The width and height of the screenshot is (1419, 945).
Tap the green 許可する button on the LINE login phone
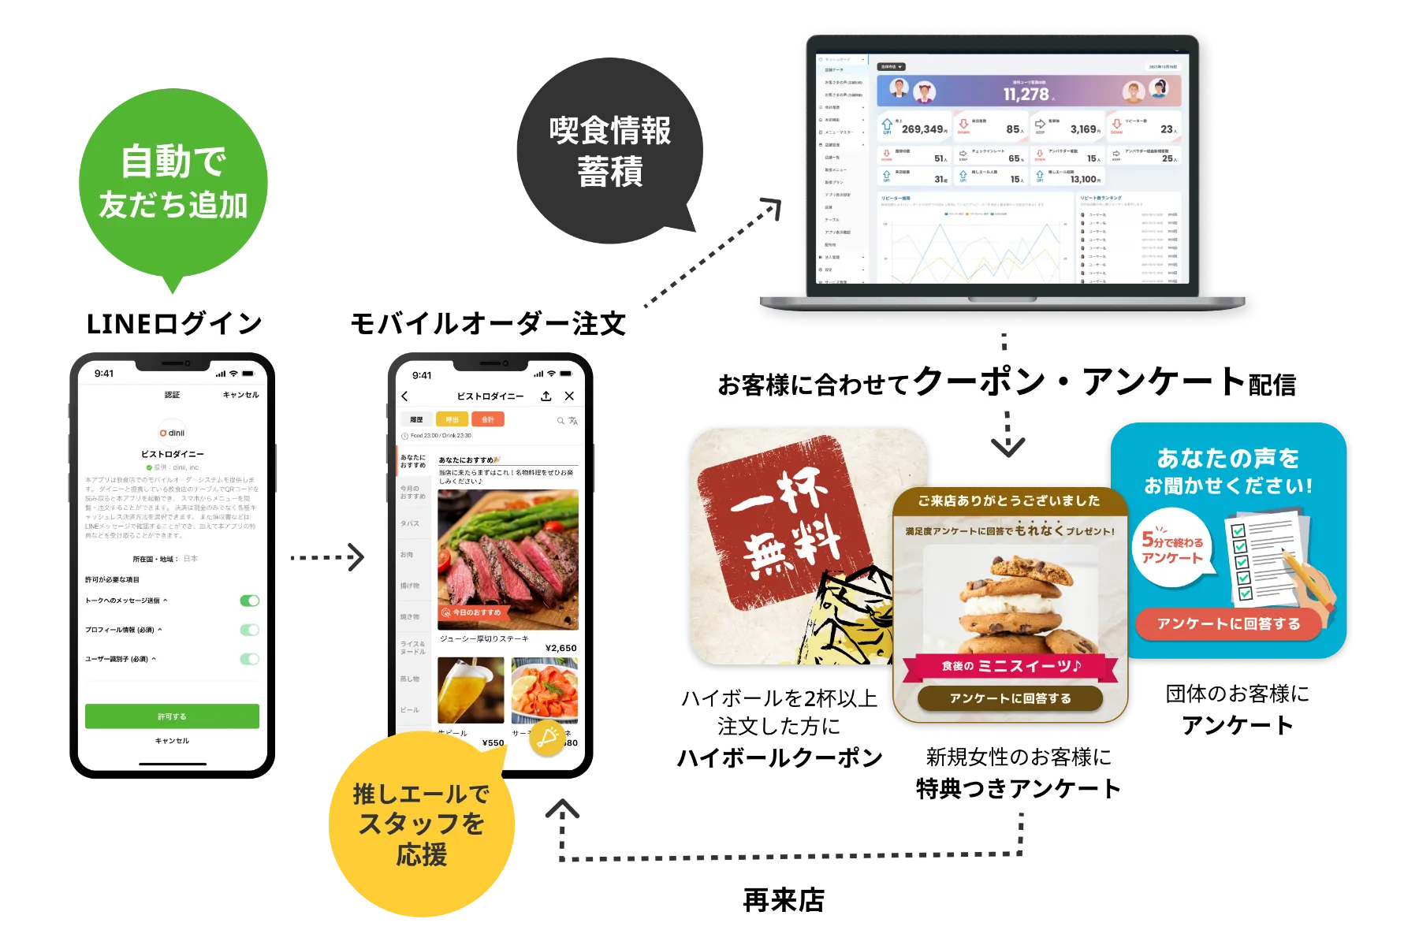[x=172, y=716]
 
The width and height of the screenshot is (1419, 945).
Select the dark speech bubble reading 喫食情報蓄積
[x=609, y=151]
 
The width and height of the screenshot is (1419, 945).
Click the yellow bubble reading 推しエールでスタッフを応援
[x=421, y=824]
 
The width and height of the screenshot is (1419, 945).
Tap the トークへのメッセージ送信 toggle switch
[x=249, y=601]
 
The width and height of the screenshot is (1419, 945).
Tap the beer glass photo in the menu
[x=471, y=690]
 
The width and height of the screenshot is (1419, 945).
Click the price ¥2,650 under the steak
[x=561, y=648]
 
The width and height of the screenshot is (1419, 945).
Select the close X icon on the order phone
[x=569, y=396]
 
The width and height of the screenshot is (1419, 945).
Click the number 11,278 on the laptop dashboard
[x=1026, y=95]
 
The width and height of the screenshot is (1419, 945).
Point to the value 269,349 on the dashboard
[x=923, y=129]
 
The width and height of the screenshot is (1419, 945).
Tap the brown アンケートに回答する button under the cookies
[x=1010, y=698]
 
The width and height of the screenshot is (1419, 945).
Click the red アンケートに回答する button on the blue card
[x=1228, y=623]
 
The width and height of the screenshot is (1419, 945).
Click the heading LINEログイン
[x=174, y=323]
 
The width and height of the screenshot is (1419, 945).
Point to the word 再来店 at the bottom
[x=784, y=900]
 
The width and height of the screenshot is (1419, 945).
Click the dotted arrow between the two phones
[x=327, y=557]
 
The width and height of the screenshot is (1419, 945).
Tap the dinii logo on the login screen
[x=173, y=432]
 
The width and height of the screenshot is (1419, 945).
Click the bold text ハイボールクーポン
[x=780, y=757]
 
